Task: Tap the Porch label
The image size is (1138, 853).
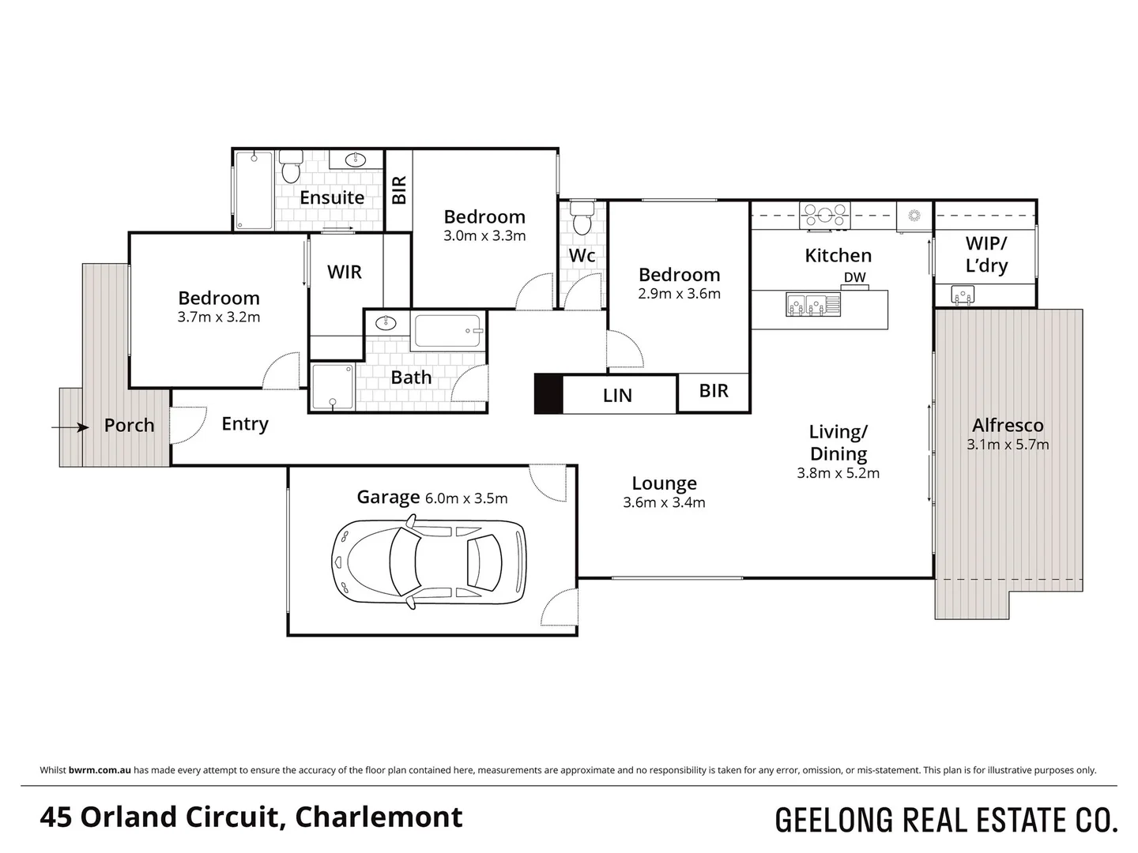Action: (129, 426)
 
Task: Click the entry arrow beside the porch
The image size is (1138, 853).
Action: (70, 427)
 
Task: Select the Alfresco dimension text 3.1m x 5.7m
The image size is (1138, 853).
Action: (1008, 445)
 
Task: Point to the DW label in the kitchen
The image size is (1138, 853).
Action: (854, 277)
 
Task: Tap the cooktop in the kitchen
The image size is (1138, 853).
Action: (824, 213)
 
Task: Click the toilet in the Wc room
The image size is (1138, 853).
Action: (582, 218)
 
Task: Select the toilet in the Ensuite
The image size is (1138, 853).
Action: (290, 167)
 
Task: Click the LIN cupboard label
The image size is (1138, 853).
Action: (617, 395)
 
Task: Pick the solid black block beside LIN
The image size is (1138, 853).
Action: (548, 393)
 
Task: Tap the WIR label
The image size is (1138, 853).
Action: (345, 272)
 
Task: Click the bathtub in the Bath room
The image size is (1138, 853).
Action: (447, 332)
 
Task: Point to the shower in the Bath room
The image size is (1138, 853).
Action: (333, 387)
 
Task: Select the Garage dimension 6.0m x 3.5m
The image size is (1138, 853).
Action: (466, 498)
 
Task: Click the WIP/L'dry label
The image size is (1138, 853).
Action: (986, 254)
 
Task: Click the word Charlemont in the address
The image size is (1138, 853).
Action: (379, 817)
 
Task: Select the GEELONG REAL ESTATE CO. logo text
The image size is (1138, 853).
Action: (946, 820)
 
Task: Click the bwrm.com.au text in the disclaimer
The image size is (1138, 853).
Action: (100, 770)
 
